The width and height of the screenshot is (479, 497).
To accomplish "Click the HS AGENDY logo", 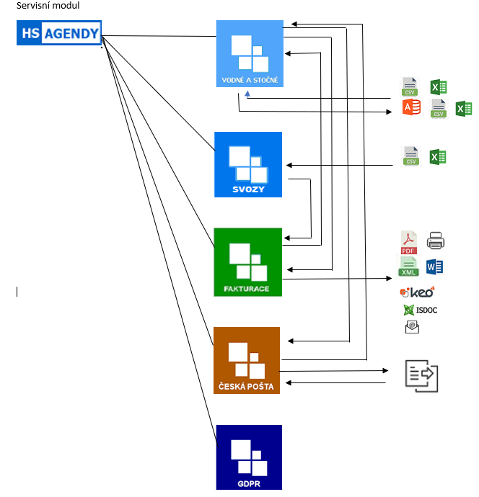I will click(58, 32).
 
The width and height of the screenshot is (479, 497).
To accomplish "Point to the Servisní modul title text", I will click(48, 6).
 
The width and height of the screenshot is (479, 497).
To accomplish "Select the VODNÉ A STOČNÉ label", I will click(250, 79).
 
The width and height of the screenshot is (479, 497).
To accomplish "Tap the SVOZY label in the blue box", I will click(248, 189).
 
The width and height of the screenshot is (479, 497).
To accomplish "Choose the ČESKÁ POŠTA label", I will click(246, 386).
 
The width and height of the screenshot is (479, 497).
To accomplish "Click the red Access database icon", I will click(411, 108).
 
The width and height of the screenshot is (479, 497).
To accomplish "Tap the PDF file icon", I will click(408, 242).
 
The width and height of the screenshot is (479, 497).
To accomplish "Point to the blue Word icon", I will click(434, 267).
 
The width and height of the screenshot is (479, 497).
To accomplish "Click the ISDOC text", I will click(426, 310).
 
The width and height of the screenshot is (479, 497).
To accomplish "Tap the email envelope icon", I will click(412, 328).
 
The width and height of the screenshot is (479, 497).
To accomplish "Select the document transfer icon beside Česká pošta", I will click(421, 376).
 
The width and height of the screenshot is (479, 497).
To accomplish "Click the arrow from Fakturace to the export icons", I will click(339, 279).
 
